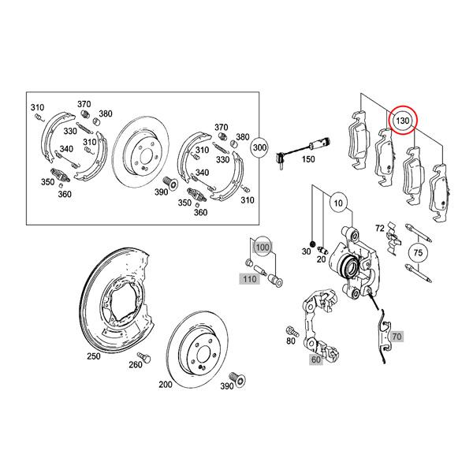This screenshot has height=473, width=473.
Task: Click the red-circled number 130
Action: point(403,121)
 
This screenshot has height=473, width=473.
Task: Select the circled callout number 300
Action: point(259,148)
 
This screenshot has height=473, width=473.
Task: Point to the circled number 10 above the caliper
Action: point(337,203)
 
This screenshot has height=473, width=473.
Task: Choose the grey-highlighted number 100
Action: point(263,247)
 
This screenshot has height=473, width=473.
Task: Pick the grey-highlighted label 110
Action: point(250,279)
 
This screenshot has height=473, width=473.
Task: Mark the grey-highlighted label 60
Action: point(316,359)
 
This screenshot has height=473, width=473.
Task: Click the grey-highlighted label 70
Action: point(396,337)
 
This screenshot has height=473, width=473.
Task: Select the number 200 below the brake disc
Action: point(166,385)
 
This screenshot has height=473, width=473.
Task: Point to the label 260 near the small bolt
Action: point(135,364)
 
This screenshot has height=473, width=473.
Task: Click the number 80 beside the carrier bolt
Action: point(291,341)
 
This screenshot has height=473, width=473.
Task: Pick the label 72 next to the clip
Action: point(379,229)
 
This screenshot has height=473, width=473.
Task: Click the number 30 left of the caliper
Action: point(307,251)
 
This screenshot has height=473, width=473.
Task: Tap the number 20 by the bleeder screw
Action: point(322,259)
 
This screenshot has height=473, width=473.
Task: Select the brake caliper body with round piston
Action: point(351,264)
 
